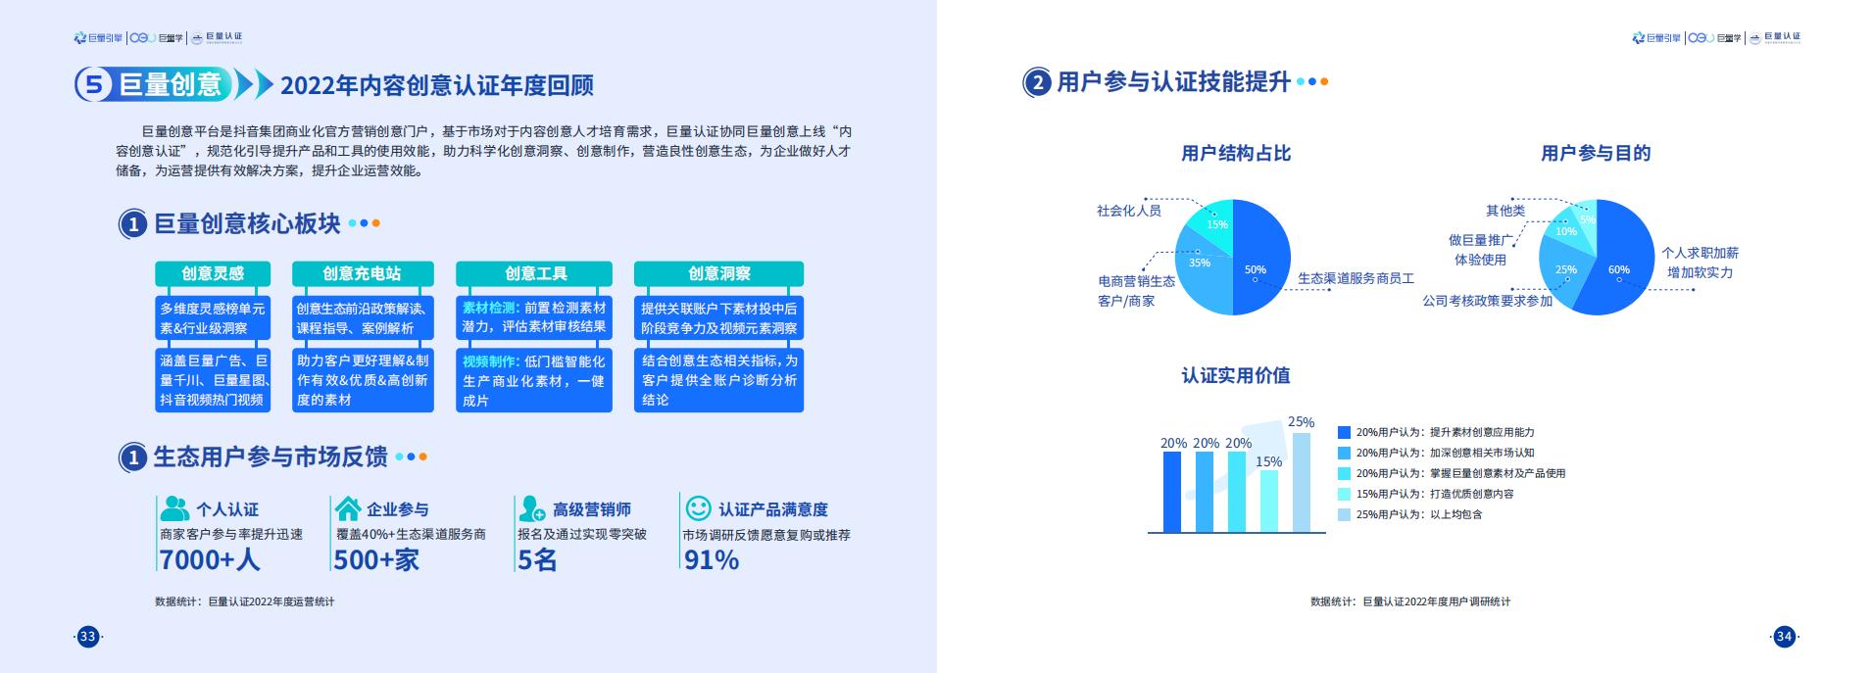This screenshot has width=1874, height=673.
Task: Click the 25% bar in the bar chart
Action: point(1302,483)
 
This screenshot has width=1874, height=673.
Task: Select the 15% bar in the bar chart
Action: point(1269,502)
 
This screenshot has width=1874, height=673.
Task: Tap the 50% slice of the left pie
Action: point(1262,257)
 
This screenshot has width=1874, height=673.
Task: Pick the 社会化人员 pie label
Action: point(1128,211)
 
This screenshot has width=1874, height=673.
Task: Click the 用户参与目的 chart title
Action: point(1596,153)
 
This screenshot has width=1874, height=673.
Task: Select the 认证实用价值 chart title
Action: point(1235,375)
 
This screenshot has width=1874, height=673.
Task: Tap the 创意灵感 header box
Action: point(213,273)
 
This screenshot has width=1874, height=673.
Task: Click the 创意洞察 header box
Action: point(718,273)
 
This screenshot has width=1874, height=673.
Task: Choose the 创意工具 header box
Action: point(534,273)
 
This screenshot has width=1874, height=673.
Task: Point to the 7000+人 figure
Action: point(209,559)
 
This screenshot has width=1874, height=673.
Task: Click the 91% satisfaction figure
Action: point(711,559)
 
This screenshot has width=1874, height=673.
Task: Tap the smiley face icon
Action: point(698,508)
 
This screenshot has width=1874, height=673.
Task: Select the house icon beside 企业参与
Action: point(347,508)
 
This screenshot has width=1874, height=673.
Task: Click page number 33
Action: point(88,637)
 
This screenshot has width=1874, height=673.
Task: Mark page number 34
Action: point(1784,637)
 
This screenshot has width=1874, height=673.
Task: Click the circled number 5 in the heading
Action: point(93,85)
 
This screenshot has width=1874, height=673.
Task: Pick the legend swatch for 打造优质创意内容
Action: point(1344,494)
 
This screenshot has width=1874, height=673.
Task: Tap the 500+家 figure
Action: point(376,559)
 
